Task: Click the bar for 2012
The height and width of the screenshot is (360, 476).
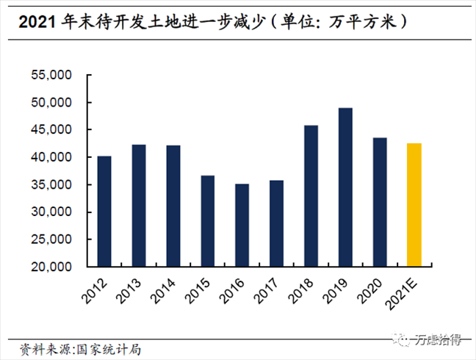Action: [x=104, y=211]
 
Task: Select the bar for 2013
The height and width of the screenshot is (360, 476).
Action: [x=139, y=205]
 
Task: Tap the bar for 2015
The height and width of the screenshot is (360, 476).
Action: [x=207, y=220]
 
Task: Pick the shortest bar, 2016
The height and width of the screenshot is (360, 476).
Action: [x=242, y=225]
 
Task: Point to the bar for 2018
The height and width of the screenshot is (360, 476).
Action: [x=311, y=195]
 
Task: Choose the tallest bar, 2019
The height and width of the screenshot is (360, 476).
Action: [x=345, y=187]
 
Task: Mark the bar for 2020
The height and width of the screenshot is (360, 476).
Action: [x=380, y=201]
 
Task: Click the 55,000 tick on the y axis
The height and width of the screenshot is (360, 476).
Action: [x=50, y=75]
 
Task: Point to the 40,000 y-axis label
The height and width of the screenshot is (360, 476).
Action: [x=50, y=157]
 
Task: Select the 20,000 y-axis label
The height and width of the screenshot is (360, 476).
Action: [x=50, y=267]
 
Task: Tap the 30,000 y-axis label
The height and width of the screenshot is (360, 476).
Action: [x=50, y=212]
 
